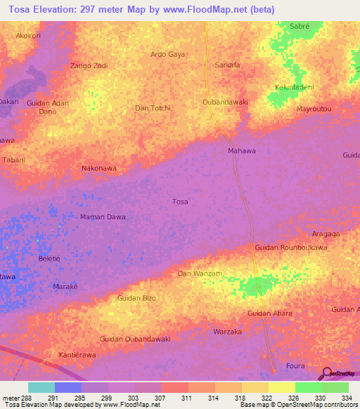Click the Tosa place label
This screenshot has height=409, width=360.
(x=180, y=202)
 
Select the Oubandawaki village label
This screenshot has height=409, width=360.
(x=225, y=102)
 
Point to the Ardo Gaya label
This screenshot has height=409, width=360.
(x=168, y=54)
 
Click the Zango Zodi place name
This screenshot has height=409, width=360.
(x=89, y=65)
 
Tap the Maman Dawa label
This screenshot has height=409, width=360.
(x=103, y=216)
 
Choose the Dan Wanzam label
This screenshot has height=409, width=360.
(x=200, y=273)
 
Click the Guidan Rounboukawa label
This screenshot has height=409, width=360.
(x=291, y=247)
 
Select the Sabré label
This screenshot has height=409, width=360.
(x=301, y=26)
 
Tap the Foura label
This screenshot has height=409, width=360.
(x=296, y=366)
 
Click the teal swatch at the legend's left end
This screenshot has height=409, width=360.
(x=41, y=387)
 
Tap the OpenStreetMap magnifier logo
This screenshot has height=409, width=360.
(x=326, y=374)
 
